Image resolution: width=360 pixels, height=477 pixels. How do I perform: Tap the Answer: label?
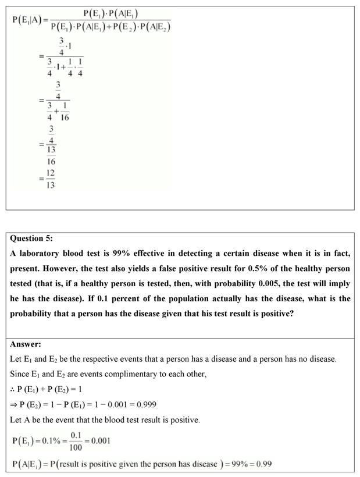[26, 344]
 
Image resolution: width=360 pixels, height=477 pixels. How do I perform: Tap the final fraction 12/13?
[51, 180]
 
